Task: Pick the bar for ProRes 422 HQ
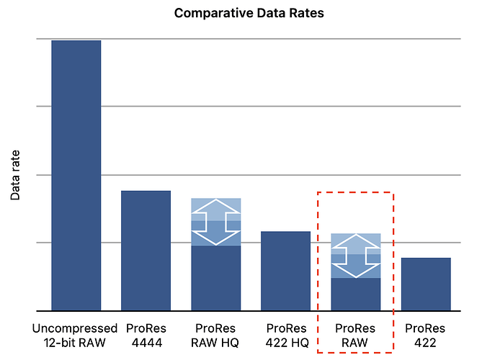pos(285,271)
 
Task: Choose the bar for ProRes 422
pos(426,284)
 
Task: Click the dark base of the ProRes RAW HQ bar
pos(215,278)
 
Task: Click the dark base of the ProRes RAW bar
pos(356,294)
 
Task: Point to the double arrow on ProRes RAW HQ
pos(215,222)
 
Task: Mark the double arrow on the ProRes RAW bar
pos(356,256)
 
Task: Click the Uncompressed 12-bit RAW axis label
pos(75,336)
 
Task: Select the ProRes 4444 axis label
pos(146,336)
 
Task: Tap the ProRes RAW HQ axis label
pos(215,336)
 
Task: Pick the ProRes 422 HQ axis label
pos(286,336)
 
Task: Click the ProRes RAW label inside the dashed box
pos(356,336)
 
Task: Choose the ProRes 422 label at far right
pos(426,336)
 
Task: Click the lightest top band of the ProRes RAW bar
pos(356,238)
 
